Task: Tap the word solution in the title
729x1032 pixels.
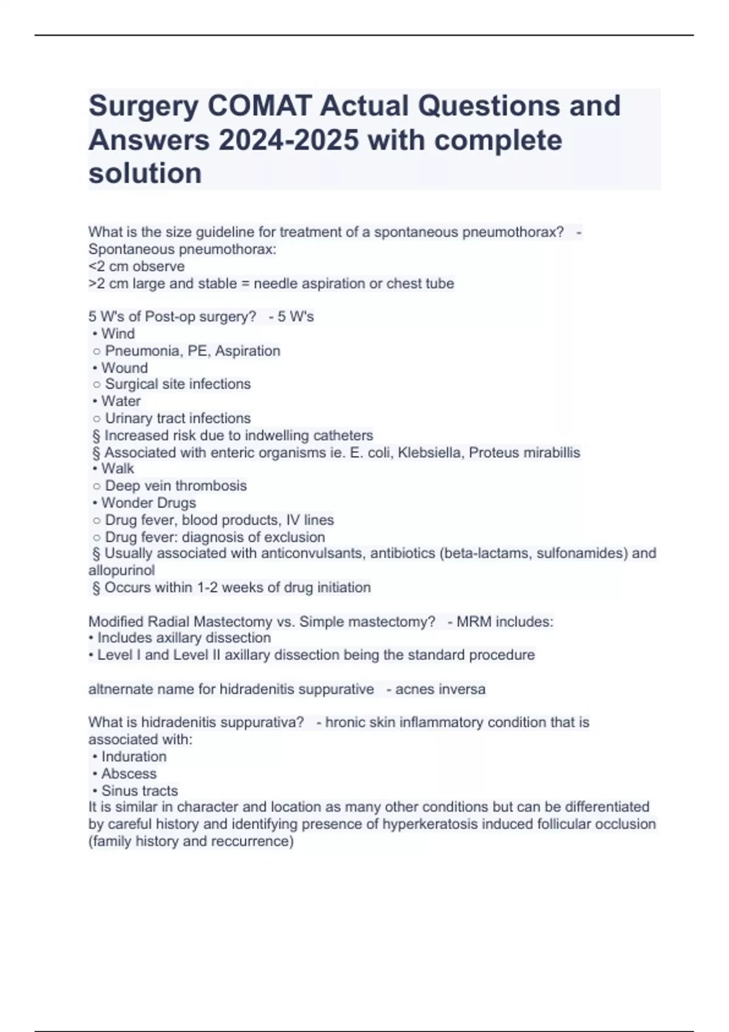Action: (145, 174)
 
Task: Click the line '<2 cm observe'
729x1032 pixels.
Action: (137, 266)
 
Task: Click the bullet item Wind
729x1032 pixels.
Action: (118, 333)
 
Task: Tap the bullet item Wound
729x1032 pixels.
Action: (124, 368)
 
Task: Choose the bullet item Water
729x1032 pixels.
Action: (121, 401)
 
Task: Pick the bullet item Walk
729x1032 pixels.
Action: (117, 469)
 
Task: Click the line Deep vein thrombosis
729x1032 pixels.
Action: (176, 486)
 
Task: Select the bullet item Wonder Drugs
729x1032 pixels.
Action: (148, 503)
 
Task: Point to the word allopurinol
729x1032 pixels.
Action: (122, 570)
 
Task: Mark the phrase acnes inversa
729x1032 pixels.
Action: (440, 690)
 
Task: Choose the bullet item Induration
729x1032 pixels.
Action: (134, 756)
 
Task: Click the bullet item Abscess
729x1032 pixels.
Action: (129, 773)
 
